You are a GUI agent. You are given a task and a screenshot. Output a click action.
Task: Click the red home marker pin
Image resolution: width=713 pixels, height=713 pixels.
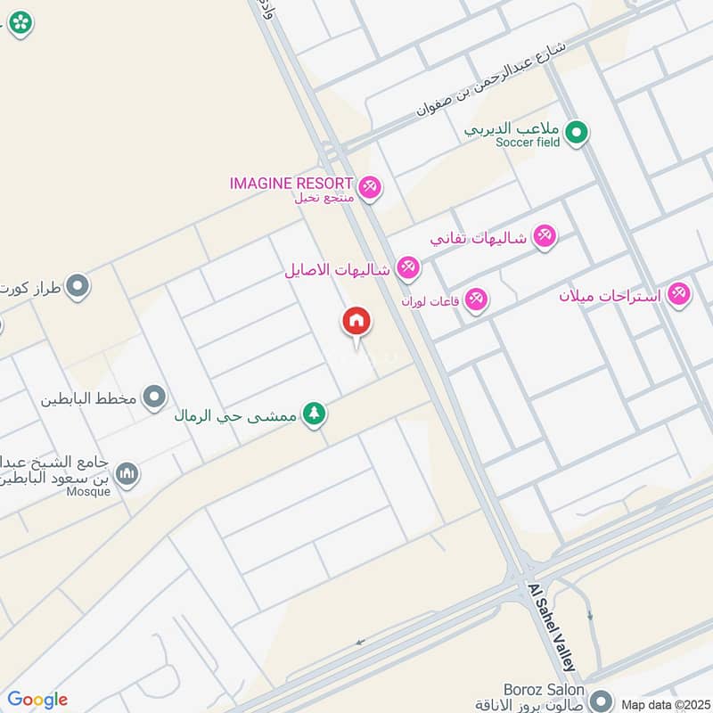point(356,322)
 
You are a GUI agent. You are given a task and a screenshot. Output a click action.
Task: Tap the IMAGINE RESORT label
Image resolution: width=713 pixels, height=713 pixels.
point(291,183)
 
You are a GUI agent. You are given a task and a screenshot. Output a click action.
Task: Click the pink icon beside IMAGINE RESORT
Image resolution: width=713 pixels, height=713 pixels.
point(372,186)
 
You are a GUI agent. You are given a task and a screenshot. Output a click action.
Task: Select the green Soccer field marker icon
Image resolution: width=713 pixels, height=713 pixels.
point(578,133)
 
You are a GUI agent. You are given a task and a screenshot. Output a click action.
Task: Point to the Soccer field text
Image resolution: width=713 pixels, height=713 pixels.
point(528,143)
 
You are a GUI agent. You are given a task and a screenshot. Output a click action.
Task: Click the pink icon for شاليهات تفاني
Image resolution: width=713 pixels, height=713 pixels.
point(544,236)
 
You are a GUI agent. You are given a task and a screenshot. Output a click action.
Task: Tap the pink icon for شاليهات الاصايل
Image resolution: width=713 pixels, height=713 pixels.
point(407,266)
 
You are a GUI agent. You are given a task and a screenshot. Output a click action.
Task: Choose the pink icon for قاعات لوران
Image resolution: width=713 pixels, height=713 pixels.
point(477,299)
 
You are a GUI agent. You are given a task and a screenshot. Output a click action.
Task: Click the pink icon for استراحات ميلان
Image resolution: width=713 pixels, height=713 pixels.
point(680,293)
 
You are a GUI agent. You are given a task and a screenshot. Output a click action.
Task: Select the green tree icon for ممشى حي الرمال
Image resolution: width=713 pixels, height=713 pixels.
point(314,414)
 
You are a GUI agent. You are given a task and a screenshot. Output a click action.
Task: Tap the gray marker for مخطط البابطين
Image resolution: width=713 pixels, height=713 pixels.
point(155,397)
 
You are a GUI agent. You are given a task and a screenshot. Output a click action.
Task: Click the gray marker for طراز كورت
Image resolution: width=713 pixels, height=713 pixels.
point(78,286)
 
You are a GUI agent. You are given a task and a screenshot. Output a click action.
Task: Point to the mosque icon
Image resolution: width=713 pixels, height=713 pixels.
point(127,472)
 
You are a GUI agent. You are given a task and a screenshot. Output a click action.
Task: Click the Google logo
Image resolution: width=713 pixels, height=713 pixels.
point(37,700)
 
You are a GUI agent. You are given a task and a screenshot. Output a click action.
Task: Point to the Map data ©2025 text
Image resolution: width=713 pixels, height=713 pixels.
point(664,704)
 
